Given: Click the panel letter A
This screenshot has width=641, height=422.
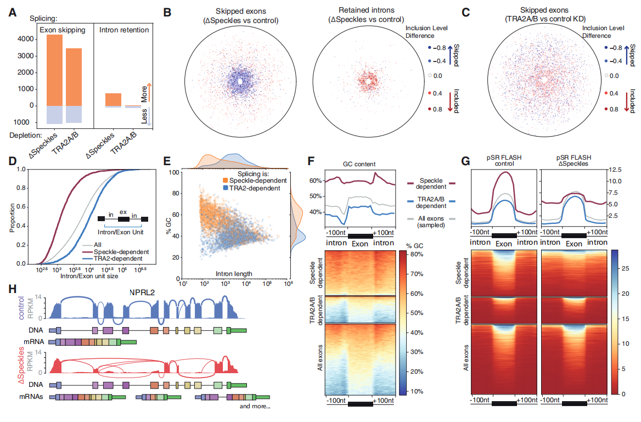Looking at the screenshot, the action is coord(13,13).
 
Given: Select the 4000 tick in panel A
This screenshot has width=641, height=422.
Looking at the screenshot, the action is coord(26,40).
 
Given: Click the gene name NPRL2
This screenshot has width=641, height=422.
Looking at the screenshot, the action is coord(142,292).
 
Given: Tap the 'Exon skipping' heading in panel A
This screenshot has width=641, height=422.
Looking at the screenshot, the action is coord(63,30).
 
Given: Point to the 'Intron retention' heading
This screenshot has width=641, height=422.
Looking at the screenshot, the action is coord(124,30).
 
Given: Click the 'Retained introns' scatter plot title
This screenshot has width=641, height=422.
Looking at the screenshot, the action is coord(366,10).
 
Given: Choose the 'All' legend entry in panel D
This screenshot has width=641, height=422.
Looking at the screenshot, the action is coord(98,245).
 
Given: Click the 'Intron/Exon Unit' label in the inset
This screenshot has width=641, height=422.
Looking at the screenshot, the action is coord(121,232).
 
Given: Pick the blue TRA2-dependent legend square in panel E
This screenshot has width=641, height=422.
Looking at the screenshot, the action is coord(225,188).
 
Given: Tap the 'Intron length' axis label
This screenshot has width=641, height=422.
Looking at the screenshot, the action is coord(234,274).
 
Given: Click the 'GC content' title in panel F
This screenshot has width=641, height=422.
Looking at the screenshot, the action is coord(359,164).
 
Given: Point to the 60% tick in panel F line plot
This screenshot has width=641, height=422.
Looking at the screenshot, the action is coord(316,181).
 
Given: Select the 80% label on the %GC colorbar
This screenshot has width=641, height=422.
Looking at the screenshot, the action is coord(417,254).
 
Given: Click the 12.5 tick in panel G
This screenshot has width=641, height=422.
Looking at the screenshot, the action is coord(615,170).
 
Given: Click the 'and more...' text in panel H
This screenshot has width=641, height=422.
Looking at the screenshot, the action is coord(255,406).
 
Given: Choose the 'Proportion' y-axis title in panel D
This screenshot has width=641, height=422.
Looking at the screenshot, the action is coord(12,217).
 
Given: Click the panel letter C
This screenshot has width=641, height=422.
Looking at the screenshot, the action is coord(465,13).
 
